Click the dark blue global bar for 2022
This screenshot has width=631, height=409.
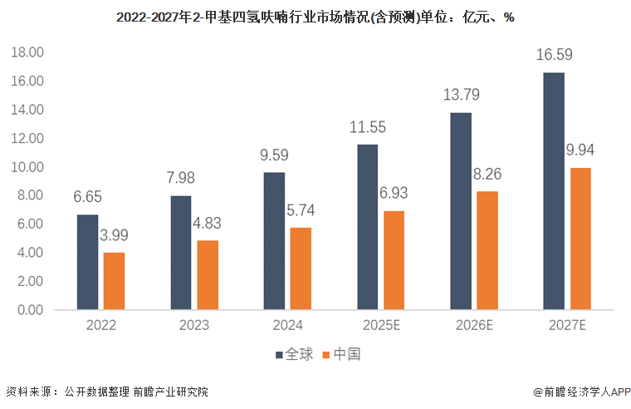click(87, 262)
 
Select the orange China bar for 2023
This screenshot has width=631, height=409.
click(208, 275)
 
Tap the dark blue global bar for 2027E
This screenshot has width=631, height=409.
click(553, 191)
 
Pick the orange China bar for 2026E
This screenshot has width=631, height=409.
click(487, 250)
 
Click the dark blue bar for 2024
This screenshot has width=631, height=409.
click(274, 241)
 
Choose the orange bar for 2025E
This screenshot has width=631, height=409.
click(394, 260)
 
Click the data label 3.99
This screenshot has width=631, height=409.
click(114, 235)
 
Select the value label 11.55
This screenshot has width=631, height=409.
click(367, 128)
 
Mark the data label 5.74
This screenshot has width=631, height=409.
click(301, 210)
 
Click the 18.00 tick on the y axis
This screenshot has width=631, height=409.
click(27, 52)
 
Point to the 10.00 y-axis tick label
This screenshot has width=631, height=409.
click(27, 167)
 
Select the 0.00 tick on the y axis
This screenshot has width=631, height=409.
click(30, 310)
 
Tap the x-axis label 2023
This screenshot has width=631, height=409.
click(194, 325)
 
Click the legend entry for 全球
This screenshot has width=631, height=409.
click(295, 355)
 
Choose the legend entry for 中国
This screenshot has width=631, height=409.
click(342, 355)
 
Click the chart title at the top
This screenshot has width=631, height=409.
click(315, 17)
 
